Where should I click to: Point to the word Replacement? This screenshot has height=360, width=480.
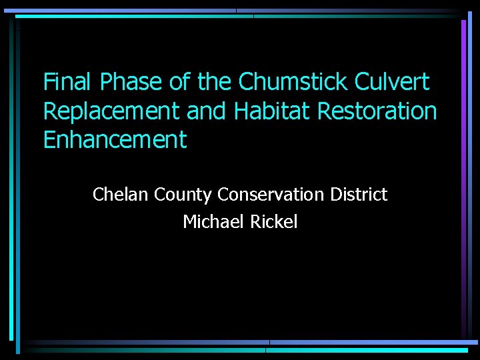pyautogui.click(x=112, y=111)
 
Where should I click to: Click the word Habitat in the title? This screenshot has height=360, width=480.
pyautogui.click(x=273, y=111)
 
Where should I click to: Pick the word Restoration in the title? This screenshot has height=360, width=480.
pyautogui.click(x=377, y=111)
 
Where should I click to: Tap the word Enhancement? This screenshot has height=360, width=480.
pyautogui.click(x=115, y=141)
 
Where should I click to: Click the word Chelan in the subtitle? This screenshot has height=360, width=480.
pyautogui.click(x=121, y=195)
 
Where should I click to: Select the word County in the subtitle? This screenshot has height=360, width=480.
pyautogui.click(x=183, y=195)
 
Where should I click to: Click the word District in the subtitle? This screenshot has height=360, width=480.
pyautogui.click(x=359, y=195)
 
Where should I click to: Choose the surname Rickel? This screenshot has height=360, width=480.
pyautogui.click(x=274, y=222)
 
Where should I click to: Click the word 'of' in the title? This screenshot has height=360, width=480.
pyautogui.click(x=179, y=82)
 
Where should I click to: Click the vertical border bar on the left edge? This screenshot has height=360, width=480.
pyautogui.click(x=13, y=180)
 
